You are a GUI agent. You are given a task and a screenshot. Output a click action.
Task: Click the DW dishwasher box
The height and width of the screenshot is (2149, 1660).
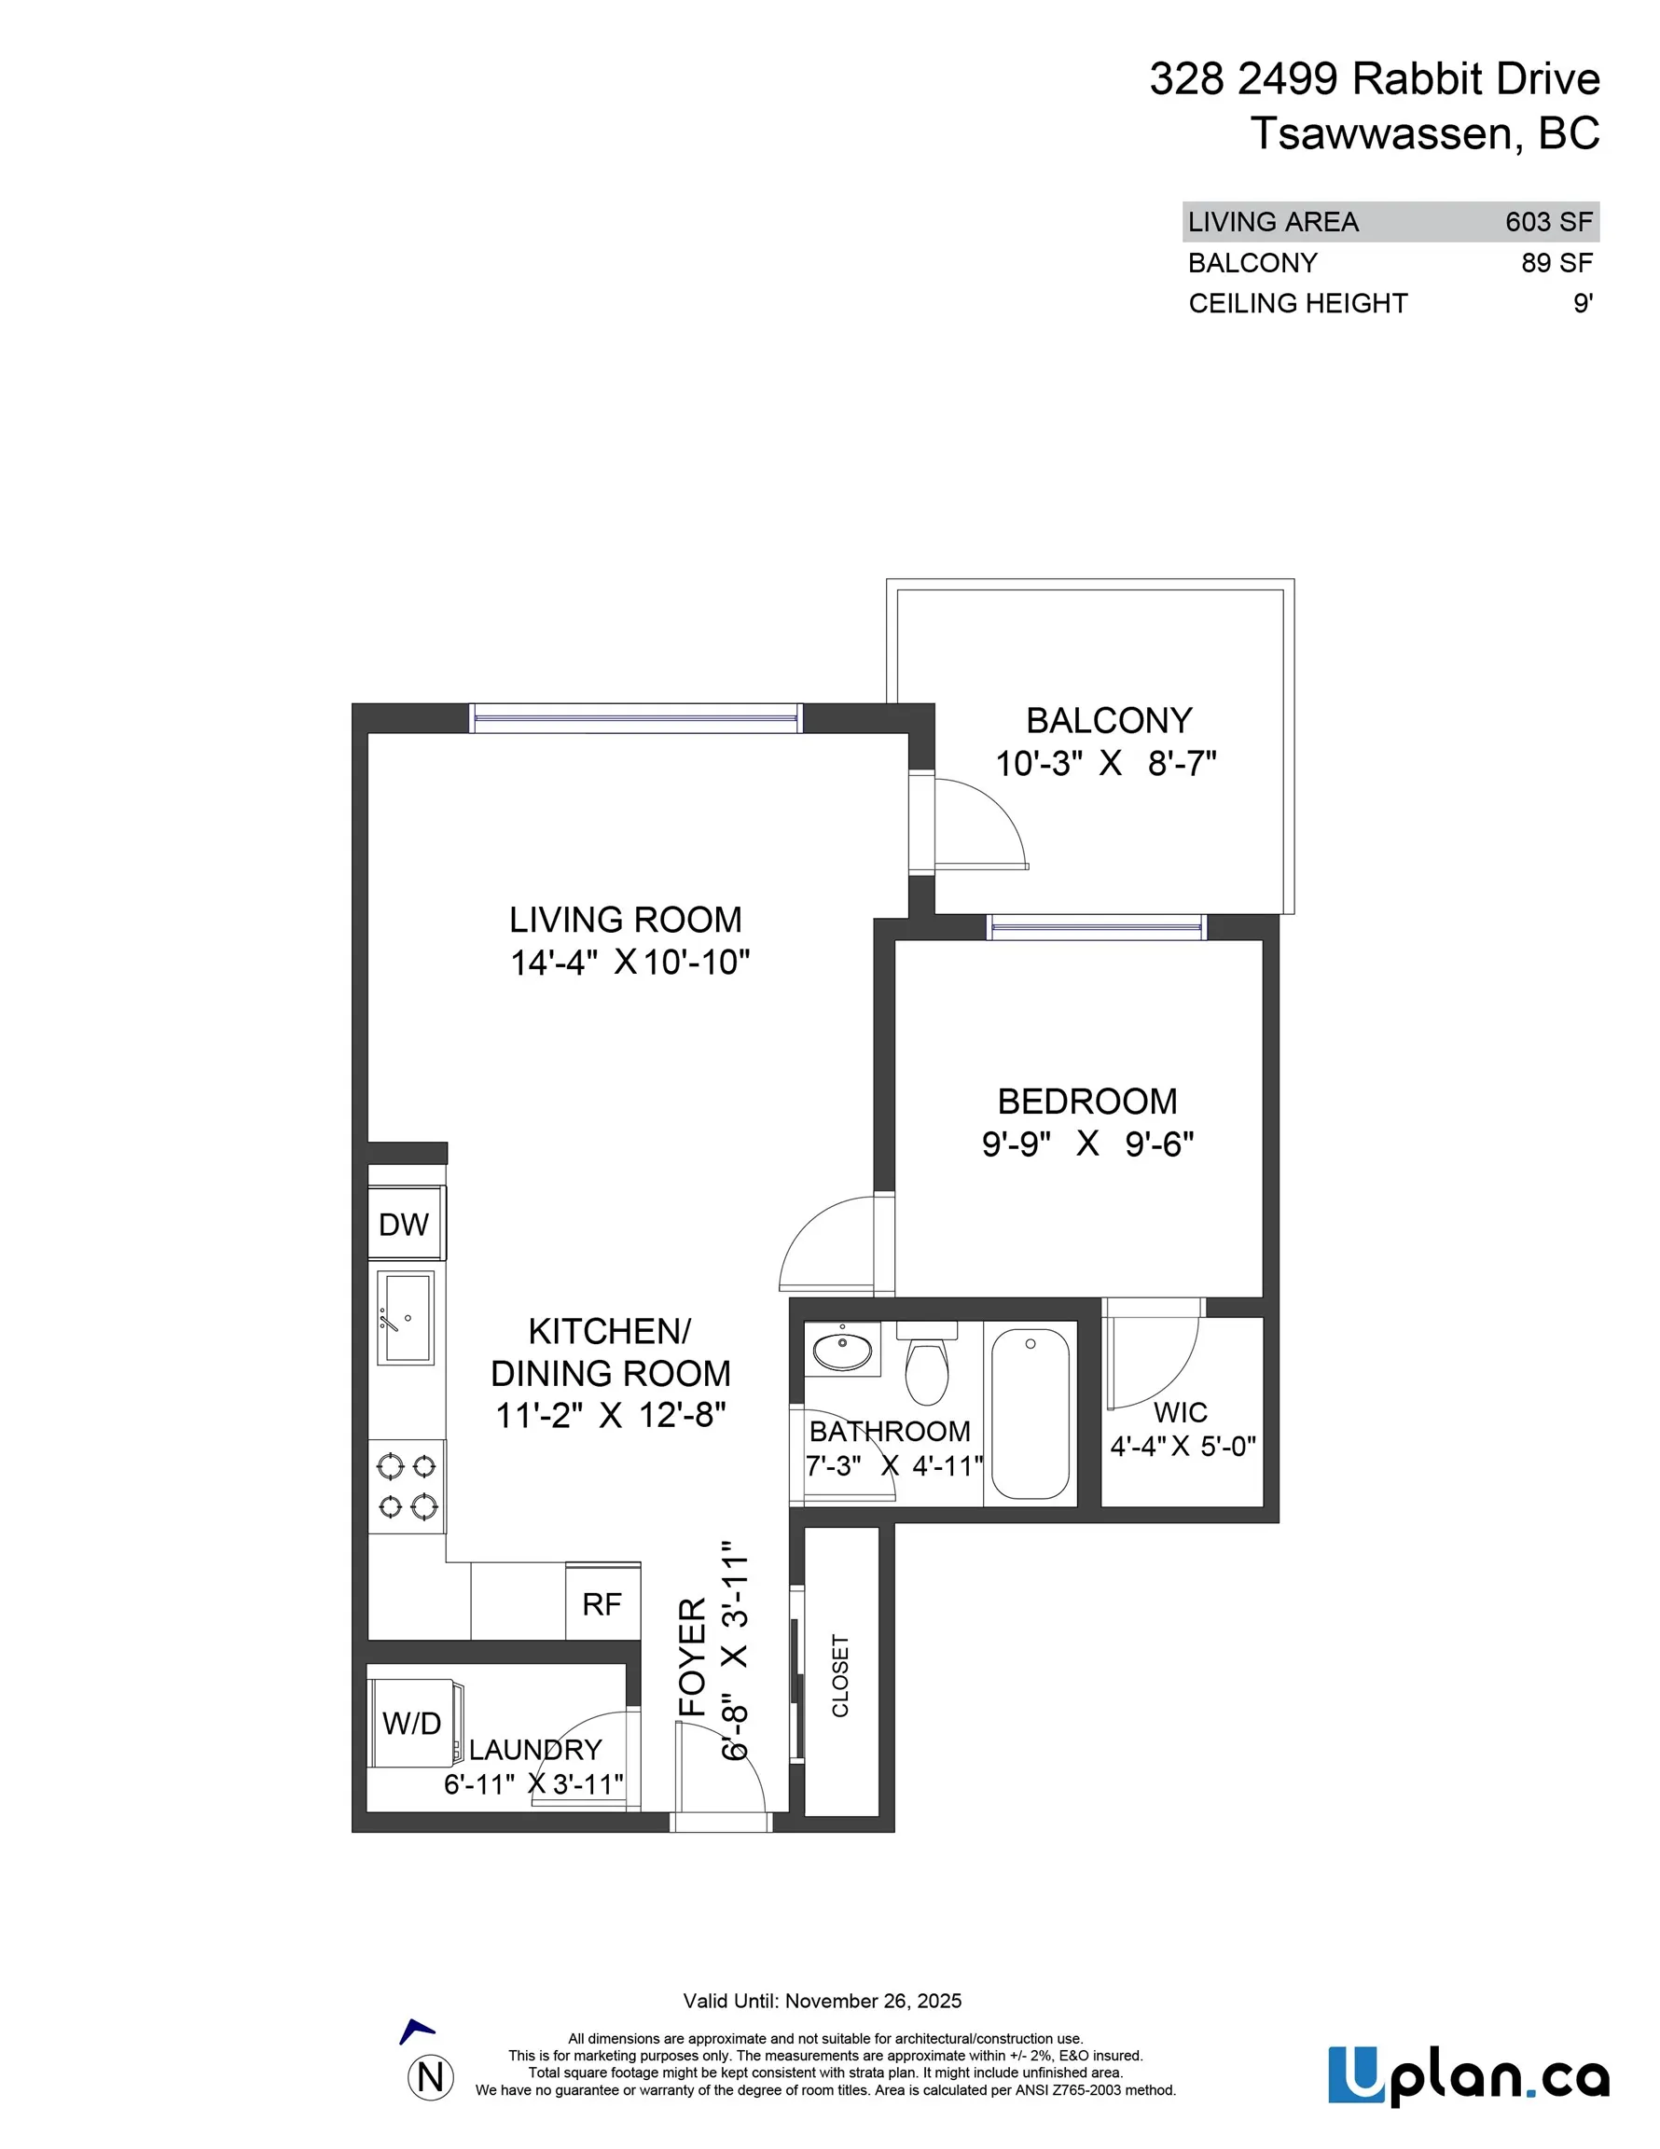click(x=406, y=1223)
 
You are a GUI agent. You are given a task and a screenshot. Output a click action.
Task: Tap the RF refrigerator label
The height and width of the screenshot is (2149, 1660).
click(x=602, y=1604)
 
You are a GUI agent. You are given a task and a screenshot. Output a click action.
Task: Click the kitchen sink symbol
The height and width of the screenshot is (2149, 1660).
click(x=406, y=1318)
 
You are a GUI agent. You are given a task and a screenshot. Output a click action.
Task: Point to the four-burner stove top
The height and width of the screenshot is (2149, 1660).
click(x=408, y=1486)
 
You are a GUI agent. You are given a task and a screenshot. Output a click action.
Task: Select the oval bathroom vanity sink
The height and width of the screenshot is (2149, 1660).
click(x=843, y=1349)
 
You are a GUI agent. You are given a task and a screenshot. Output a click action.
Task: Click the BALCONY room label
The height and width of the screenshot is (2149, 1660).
click(x=1108, y=720)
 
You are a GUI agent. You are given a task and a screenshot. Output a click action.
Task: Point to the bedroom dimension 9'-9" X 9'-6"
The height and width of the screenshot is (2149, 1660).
click(x=1087, y=1144)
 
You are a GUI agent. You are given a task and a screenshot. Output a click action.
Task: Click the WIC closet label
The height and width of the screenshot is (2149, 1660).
click(x=1180, y=1412)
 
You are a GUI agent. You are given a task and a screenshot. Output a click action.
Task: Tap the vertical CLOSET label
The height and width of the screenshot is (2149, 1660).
click(x=840, y=1676)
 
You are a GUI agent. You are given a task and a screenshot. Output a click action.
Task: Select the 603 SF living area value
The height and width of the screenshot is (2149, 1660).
click(x=1548, y=221)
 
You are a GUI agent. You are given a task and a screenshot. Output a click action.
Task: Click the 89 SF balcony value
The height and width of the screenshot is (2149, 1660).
click(x=1556, y=263)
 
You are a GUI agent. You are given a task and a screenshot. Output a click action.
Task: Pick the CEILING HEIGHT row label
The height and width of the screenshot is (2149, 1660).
click(x=1297, y=303)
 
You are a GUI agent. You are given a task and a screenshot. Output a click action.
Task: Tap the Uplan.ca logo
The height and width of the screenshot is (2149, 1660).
click(x=1468, y=2076)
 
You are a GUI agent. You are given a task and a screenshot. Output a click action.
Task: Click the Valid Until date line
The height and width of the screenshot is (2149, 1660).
click(x=822, y=2001)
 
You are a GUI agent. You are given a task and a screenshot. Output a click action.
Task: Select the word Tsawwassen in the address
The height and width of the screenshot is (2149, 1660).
click(x=1379, y=133)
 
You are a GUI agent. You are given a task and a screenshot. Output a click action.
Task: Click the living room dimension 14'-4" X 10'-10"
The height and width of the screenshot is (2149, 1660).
click(x=629, y=962)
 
